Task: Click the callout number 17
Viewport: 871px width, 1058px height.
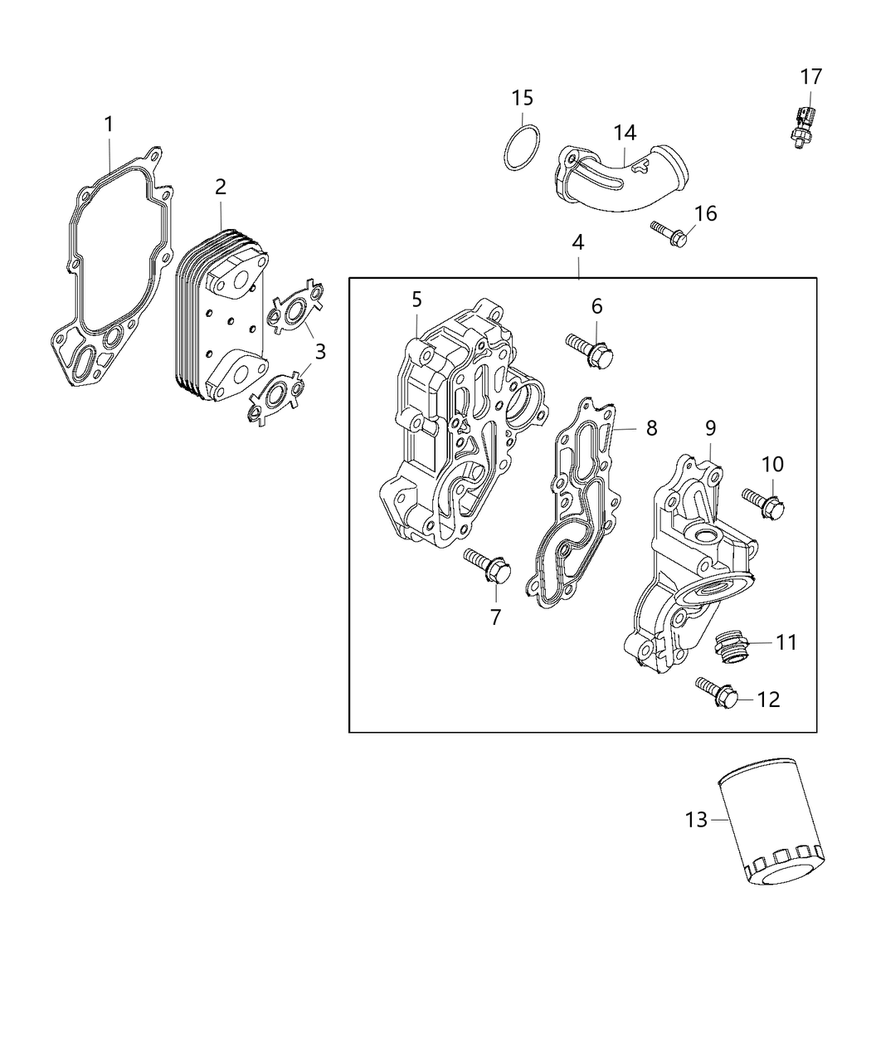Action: [x=810, y=77]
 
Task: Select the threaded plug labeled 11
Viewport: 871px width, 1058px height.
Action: [x=728, y=644]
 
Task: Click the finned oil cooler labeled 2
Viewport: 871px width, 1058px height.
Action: [x=220, y=315]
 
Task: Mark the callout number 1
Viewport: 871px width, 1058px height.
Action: [x=109, y=124]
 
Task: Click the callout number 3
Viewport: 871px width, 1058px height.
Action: [x=319, y=351]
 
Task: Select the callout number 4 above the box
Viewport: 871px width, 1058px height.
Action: [x=578, y=242]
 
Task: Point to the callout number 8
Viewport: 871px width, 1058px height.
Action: [x=651, y=427]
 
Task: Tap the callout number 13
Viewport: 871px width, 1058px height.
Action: [x=696, y=820]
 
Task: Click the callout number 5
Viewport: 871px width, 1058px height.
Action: [x=416, y=300]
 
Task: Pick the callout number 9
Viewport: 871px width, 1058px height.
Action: [x=710, y=427]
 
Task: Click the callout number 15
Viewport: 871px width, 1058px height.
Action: [x=522, y=98]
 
